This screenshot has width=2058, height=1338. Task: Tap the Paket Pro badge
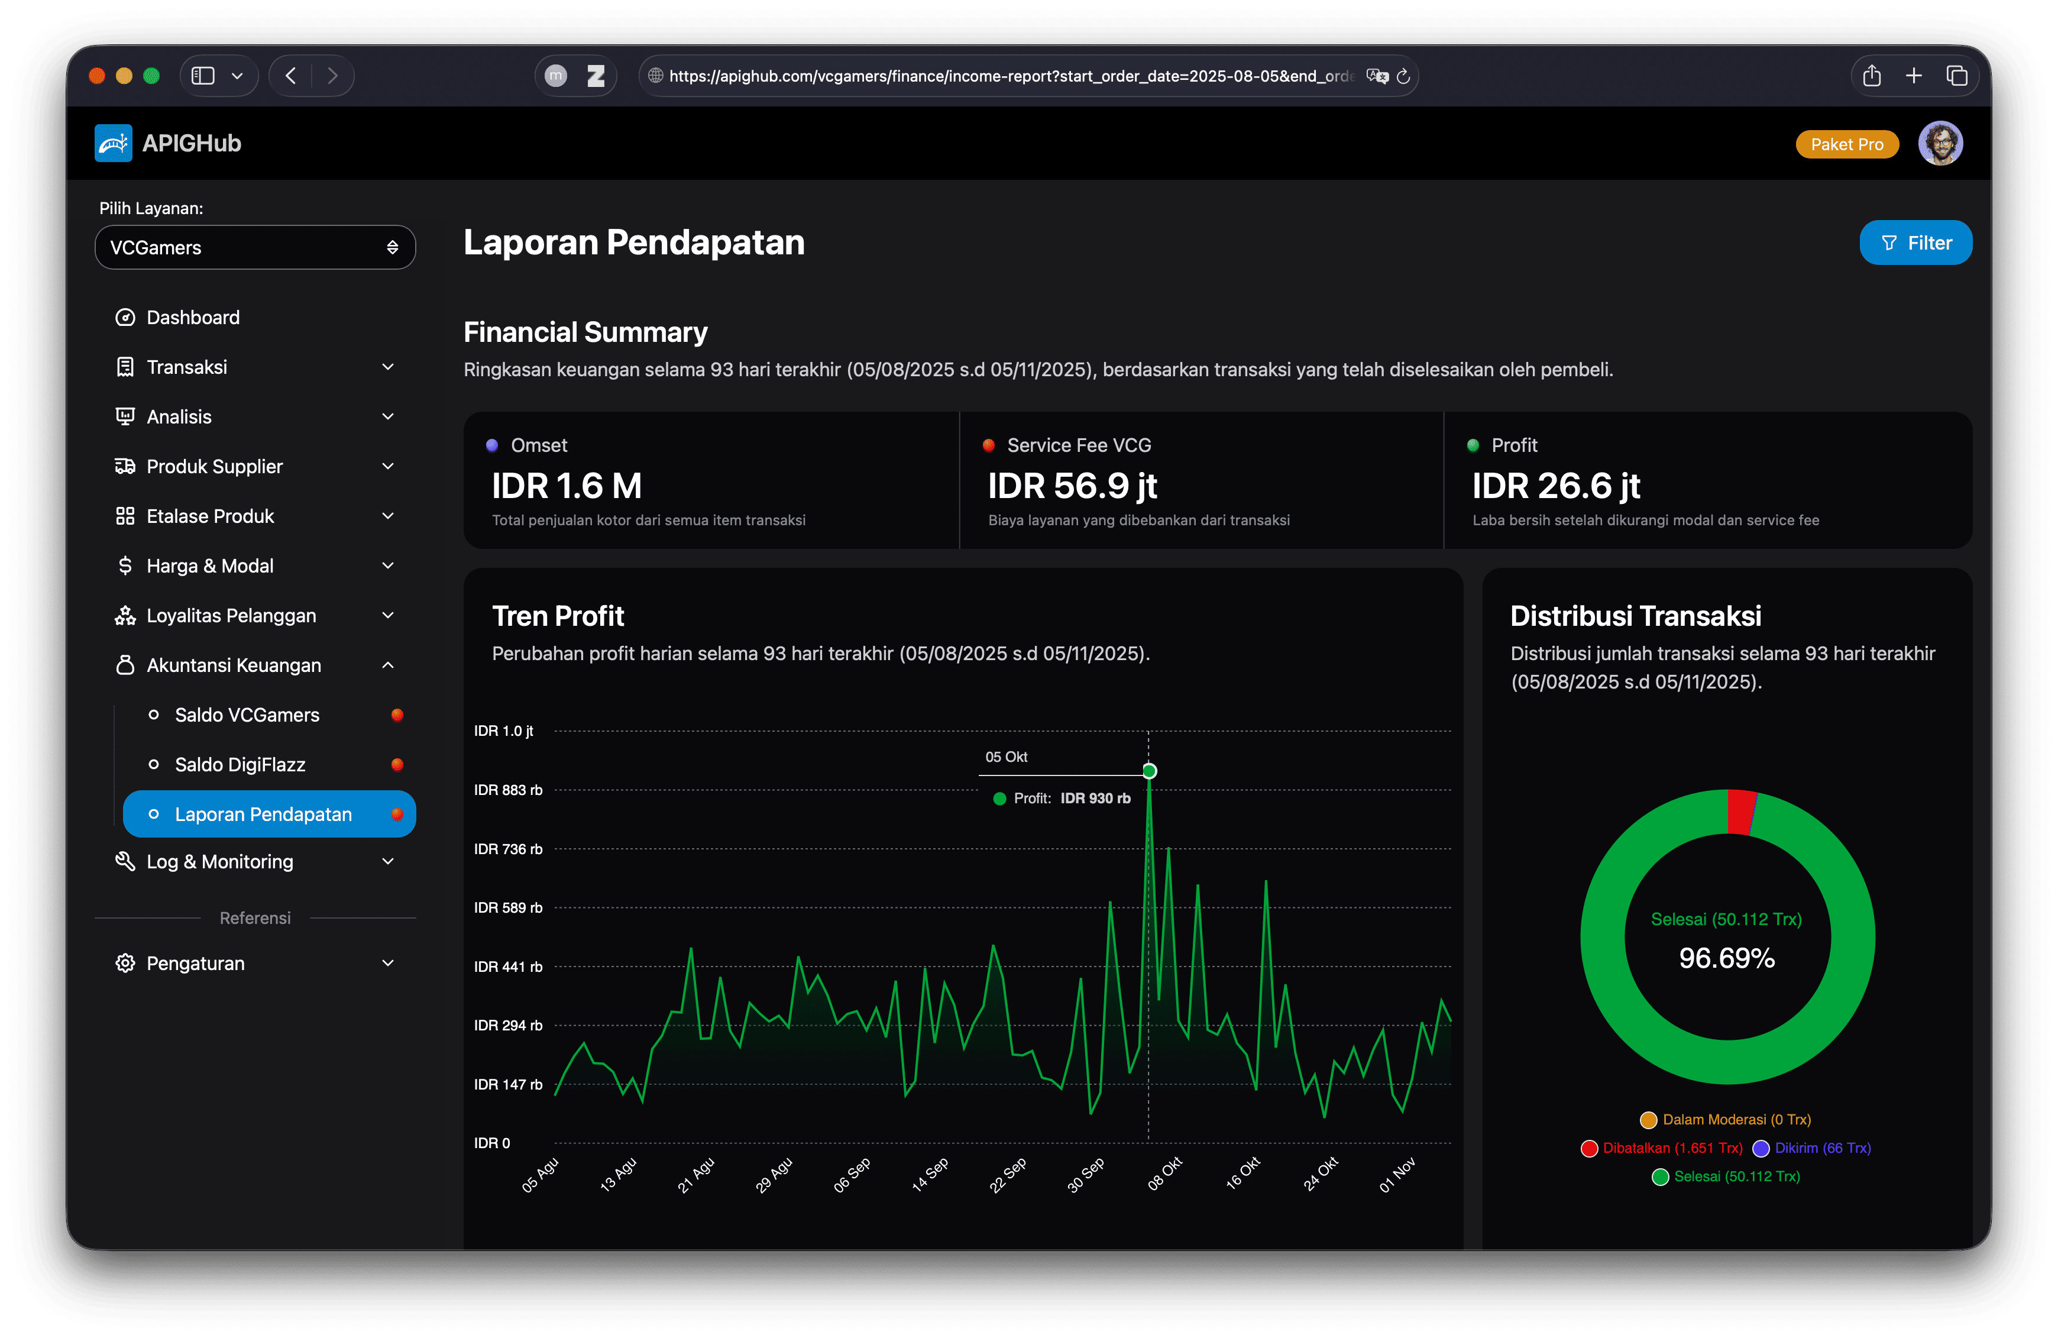click(1846, 144)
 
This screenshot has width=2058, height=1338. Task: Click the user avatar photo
click(1940, 144)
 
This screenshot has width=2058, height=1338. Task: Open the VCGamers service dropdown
click(255, 247)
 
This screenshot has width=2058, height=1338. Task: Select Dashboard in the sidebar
click(193, 318)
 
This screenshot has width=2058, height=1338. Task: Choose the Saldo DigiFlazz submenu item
click(240, 765)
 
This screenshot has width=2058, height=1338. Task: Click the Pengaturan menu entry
click(195, 964)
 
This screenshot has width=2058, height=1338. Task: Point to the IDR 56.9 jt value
click(1072, 486)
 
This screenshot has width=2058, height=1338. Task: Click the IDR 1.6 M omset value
click(567, 486)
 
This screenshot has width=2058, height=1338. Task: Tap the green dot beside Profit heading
click(1473, 445)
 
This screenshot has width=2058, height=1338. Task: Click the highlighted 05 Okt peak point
click(1149, 771)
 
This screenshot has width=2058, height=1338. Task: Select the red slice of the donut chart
click(1740, 812)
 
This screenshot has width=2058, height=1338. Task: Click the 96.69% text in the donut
click(1726, 958)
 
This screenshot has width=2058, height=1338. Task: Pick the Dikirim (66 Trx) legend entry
click(1813, 1148)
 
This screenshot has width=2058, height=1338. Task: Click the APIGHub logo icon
click(114, 144)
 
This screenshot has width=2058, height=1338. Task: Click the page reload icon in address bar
click(1403, 76)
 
